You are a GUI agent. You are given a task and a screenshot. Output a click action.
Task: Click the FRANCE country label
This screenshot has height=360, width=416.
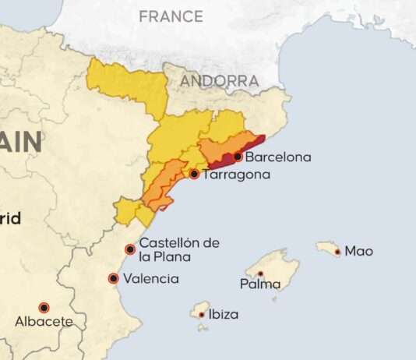point(171,16)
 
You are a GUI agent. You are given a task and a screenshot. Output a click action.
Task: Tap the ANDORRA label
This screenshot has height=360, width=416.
point(220,81)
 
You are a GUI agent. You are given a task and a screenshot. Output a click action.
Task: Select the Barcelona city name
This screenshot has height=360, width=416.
point(277,157)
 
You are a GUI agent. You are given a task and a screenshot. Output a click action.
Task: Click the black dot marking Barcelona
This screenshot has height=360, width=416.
point(237,157)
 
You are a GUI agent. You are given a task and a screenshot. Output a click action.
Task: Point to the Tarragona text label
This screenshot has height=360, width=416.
point(235,175)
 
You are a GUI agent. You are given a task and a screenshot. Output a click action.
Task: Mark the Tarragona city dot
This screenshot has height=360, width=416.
point(194,174)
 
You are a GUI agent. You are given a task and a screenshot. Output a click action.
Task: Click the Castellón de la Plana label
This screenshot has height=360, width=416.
point(178,249)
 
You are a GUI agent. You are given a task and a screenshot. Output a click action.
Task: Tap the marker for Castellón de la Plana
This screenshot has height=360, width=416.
point(130,249)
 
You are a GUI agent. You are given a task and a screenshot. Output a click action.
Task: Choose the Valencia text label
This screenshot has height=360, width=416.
point(152,278)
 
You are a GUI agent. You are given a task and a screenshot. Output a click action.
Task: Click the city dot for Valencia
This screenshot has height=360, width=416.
point(114,278)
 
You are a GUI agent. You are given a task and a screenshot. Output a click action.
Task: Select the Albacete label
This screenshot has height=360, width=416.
point(44,321)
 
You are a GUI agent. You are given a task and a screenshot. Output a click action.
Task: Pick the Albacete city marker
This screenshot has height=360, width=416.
point(44,308)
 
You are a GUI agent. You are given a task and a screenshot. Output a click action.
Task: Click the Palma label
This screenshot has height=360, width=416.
point(260,284)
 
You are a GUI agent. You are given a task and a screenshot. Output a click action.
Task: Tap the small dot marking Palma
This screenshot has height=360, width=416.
point(260,274)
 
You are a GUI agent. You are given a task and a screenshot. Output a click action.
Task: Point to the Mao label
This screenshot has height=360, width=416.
point(358,251)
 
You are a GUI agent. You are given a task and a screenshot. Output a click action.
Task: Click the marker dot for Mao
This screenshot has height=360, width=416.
point(337,251)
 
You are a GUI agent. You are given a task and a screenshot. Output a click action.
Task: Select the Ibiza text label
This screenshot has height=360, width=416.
point(223,315)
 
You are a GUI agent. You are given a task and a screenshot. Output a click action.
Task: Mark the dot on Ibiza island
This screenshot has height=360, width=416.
point(201,315)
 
